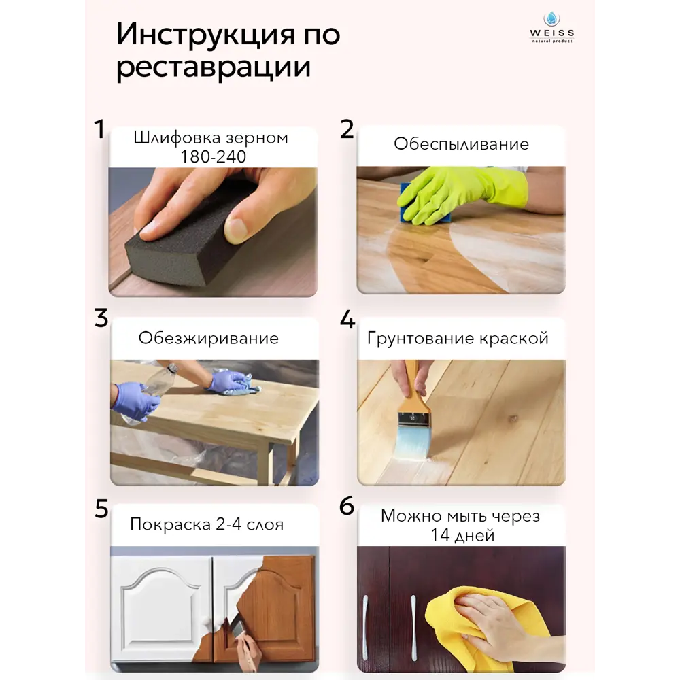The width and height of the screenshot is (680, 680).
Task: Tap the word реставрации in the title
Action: point(214,69)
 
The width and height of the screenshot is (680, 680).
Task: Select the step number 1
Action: point(99,129)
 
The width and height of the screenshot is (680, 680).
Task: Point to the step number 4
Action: point(347,320)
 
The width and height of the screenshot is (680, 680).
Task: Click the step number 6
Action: point(347,507)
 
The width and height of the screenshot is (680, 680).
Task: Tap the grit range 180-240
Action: point(213,157)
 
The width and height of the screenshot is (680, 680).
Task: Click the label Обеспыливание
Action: point(461,144)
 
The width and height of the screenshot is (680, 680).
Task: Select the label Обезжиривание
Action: point(209,338)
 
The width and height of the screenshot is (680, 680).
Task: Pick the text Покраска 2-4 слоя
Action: point(206,525)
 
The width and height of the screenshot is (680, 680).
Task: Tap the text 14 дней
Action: point(460,535)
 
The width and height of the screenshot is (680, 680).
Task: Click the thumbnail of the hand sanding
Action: point(213,232)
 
